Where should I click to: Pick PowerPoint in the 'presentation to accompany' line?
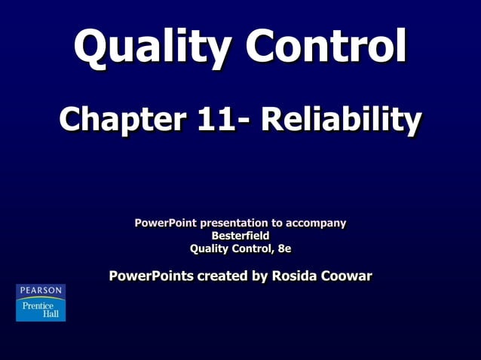point(165,223)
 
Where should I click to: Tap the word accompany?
point(314,224)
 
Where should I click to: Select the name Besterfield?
point(240,236)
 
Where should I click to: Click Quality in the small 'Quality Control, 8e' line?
point(208,249)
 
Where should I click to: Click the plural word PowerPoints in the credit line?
point(151,276)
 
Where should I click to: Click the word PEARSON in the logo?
point(41,290)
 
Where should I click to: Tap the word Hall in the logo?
point(51,313)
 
